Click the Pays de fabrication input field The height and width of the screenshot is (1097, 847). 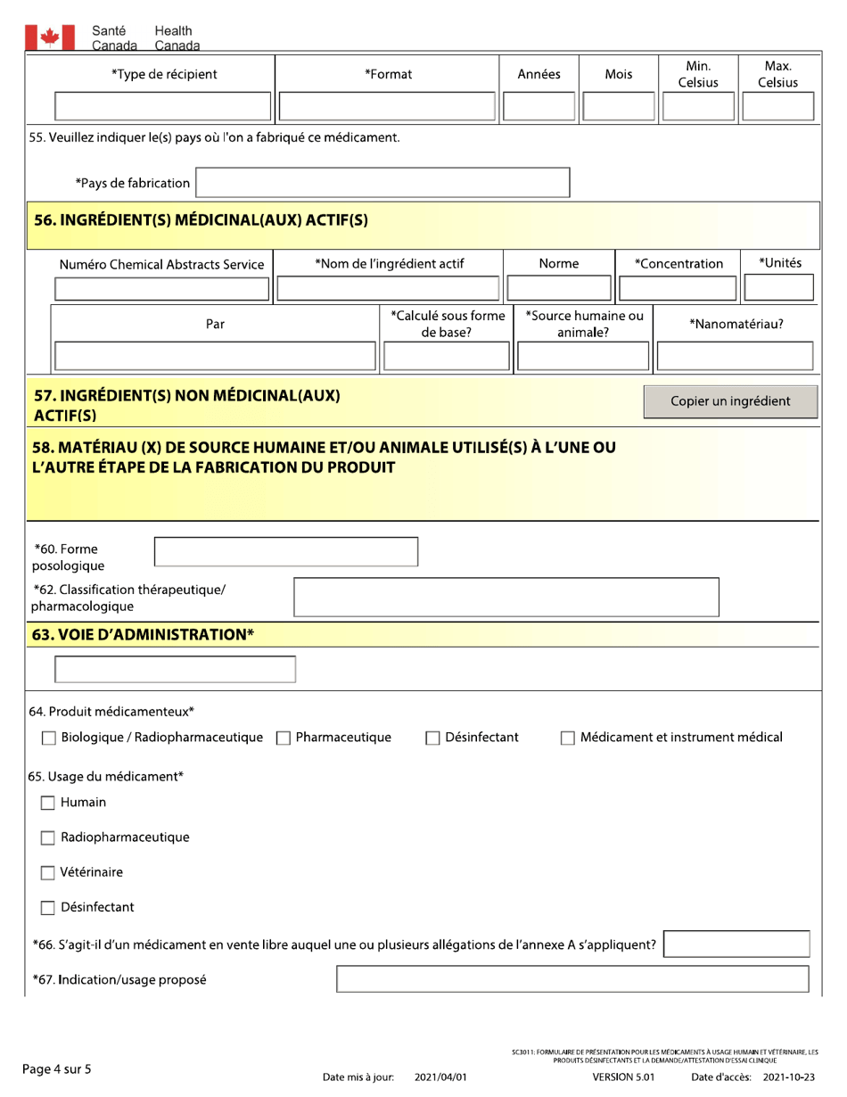pos(382,183)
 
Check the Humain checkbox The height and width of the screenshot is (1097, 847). pos(50,803)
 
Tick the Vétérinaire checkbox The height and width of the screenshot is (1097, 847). pos(50,872)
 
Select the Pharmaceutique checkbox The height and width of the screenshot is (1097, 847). pos(284,738)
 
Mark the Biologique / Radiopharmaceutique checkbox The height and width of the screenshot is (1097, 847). pos(50,738)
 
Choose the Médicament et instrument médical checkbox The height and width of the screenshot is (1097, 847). pos(567,738)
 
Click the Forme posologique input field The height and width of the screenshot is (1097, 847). pos(286,552)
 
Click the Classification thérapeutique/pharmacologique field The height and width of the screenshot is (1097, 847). pos(506,598)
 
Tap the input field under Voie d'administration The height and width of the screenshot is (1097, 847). pos(176,670)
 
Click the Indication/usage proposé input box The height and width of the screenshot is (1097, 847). pos(572,980)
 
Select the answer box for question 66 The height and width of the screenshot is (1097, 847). pos(737,944)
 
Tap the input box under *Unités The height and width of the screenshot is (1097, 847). pos(778,288)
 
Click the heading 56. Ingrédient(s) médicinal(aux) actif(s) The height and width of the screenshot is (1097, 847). pos(201,220)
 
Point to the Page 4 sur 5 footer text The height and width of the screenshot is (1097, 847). pos(57,1068)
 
